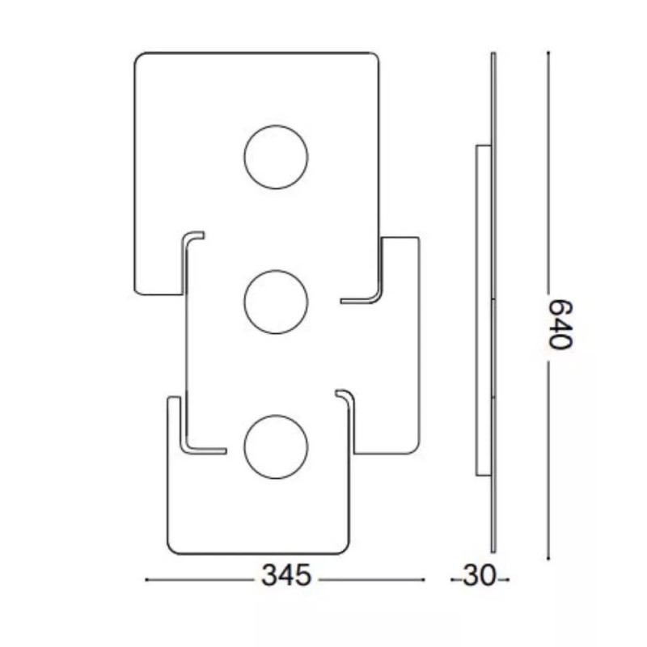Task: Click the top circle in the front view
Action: click(276, 157)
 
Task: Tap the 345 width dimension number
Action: click(286, 577)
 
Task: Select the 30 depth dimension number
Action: click(478, 577)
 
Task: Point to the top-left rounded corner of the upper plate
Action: click(138, 57)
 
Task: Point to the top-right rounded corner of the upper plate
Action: click(374, 57)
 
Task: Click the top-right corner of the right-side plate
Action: click(416, 240)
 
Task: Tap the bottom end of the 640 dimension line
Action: click(548, 558)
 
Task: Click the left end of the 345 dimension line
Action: click(146, 579)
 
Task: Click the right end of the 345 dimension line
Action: click(423, 579)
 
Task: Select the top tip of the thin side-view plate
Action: click(493, 54)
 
